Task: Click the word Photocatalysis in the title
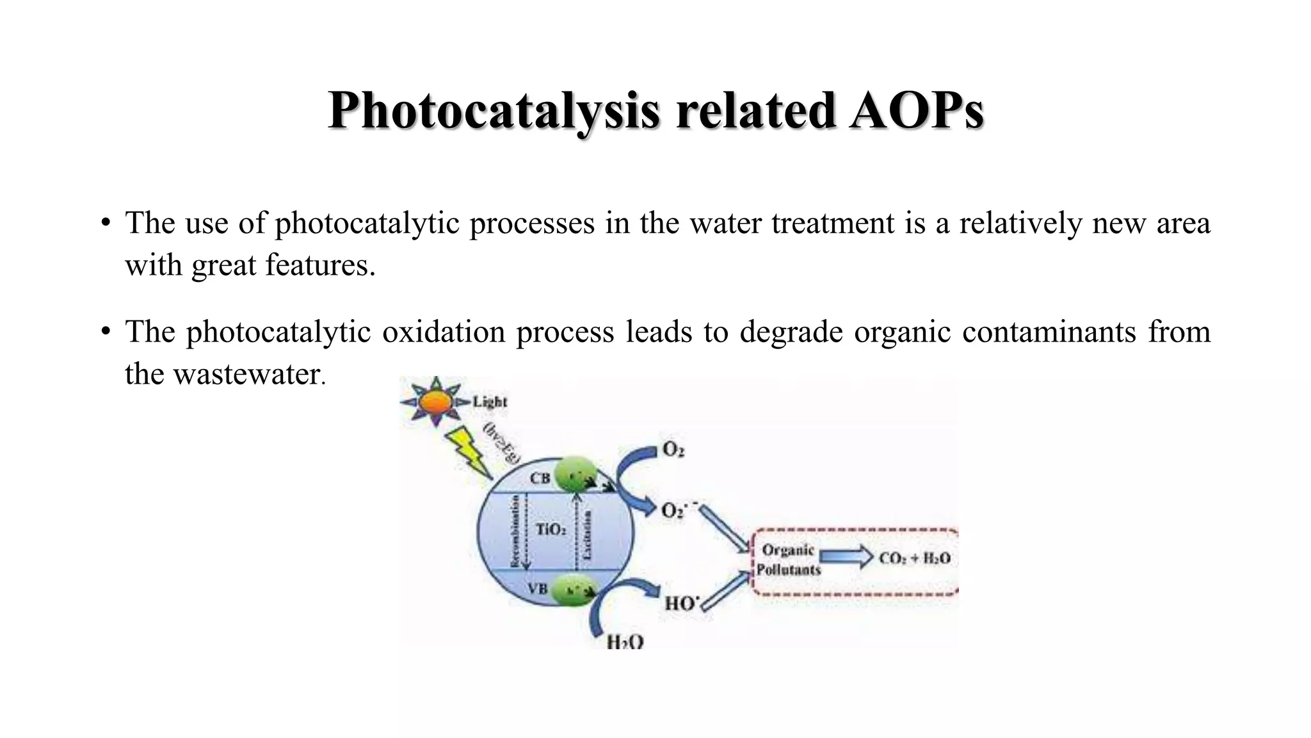click(493, 111)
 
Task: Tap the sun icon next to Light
click(435, 402)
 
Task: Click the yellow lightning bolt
click(467, 452)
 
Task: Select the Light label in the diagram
click(490, 402)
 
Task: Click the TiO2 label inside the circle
click(551, 529)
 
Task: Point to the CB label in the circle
click(540, 479)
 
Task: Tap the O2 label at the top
click(673, 450)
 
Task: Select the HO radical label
click(681, 603)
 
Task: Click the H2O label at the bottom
click(625, 641)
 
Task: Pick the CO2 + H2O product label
click(915, 558)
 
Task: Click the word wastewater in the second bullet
click(246, 373)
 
